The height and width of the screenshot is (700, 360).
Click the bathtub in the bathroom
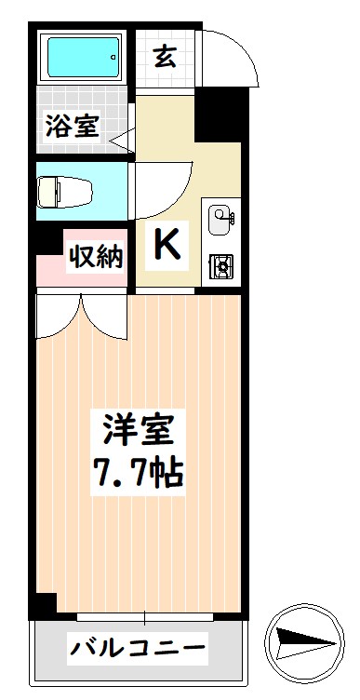(83, 58)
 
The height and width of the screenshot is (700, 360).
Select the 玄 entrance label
(165, 57)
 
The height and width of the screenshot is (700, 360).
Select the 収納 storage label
(95, 257)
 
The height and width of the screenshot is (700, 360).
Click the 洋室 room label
(138, 431)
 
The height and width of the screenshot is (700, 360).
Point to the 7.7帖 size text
(138, 474)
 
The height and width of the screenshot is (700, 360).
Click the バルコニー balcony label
(137, 646)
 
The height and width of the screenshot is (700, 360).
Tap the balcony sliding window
(144, 615)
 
